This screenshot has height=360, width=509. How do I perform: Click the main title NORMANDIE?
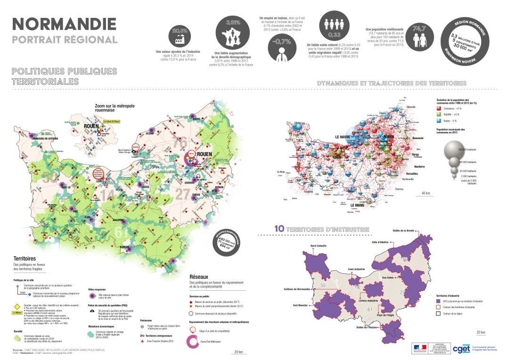[64, 23]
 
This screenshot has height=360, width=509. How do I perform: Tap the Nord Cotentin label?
[319, 246]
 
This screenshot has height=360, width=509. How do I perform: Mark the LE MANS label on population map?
[360, 206]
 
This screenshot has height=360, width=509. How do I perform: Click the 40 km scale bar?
[426, 194]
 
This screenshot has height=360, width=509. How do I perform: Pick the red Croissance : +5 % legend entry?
[439, 108]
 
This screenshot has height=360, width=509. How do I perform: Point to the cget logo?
[460, 349]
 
